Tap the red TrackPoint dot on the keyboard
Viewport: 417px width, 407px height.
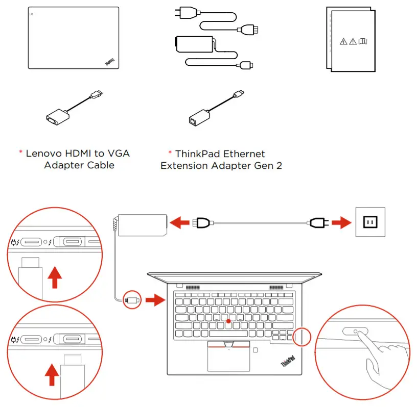pos(228,321)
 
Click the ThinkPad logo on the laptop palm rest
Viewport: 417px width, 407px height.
pos(289,363)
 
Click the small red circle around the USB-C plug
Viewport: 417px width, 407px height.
pos(132,300)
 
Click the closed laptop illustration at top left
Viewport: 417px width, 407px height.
pos(73,38)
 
